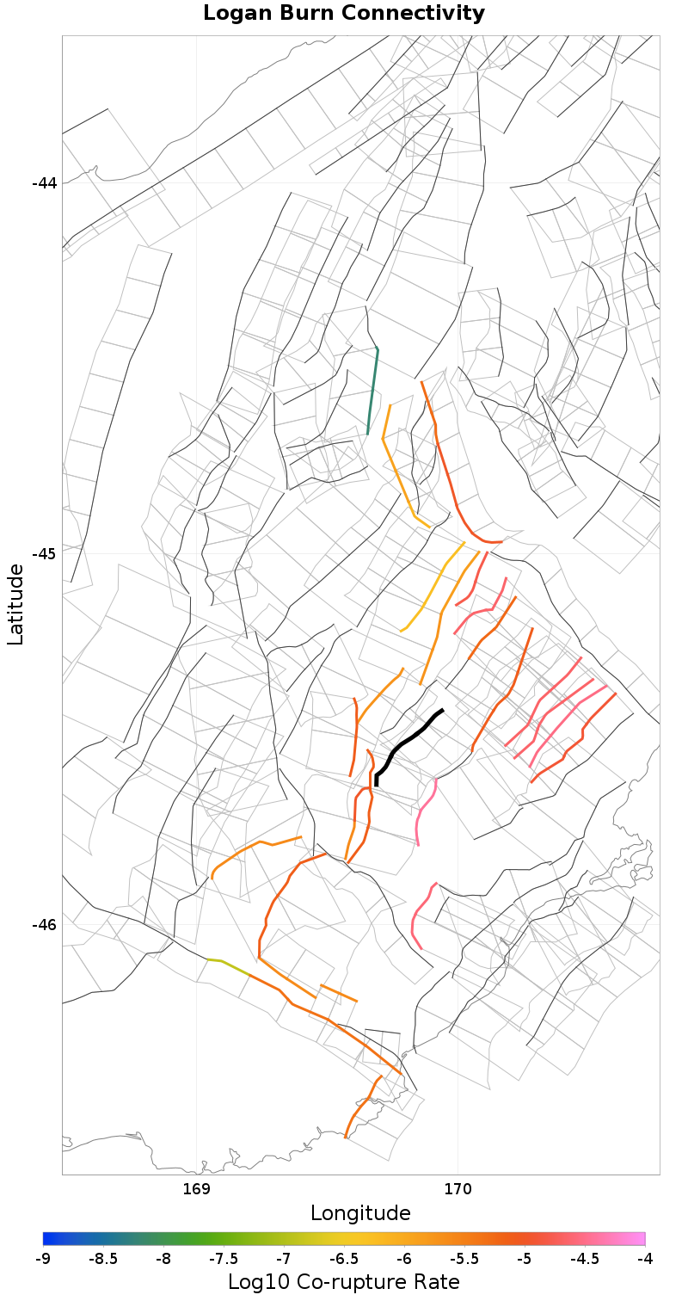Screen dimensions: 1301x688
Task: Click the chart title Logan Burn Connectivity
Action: click(344, 14)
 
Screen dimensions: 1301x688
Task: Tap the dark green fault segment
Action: click(373, 392)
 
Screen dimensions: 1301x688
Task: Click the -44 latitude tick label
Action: click(45, 183)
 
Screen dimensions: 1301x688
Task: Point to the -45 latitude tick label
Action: click(45, 553)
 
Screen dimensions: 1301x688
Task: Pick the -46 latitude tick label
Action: click(45, 925)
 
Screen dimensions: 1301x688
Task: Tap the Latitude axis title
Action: click(15, 604)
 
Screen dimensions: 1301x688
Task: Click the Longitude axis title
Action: click(360, 1213)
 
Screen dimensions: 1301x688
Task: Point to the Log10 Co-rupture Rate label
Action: click(344, 1281)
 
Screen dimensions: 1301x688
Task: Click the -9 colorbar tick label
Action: click(43, 1259)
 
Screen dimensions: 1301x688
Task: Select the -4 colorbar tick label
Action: click(645, 1259)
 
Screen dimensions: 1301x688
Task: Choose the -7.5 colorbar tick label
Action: click(224, 1259)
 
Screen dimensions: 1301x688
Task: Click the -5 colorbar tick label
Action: click(525, 1259)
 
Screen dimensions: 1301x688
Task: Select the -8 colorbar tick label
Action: click(163, 1259)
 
